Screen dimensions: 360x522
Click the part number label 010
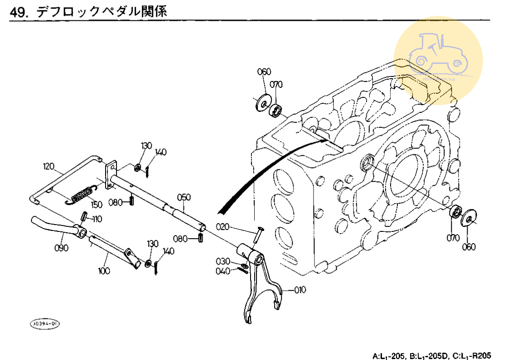300,289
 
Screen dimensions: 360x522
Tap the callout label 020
222,226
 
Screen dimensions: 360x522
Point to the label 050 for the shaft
184,197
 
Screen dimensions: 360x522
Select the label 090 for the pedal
61,248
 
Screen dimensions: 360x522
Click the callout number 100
104,271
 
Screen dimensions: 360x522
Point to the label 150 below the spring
97,205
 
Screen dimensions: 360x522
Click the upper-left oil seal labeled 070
275,109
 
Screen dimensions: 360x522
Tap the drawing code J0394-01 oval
44,323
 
